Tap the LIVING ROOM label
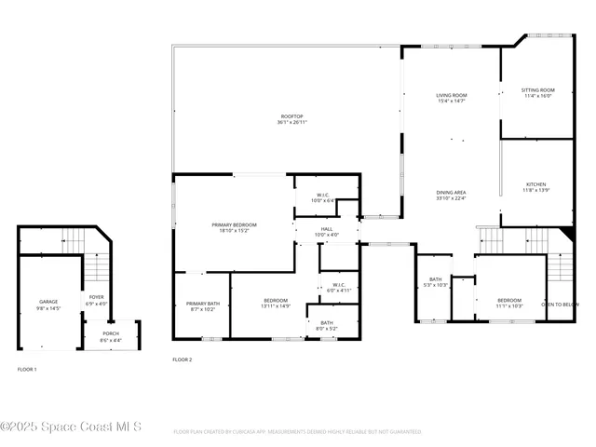(452, 95)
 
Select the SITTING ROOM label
(537, 90)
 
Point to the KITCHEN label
(536, 184)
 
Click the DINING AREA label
(451, 192)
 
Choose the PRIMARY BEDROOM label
(234, 224)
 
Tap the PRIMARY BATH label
(202, 304)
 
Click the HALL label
(327, 228)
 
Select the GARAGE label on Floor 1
(48, 302)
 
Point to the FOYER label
(97, 298)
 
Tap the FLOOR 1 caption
(27, 370)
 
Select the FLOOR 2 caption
(183, 359)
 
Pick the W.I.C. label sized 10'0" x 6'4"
(321, 195)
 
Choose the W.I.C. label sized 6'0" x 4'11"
(339, 285)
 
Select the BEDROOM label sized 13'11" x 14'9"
(275, 301)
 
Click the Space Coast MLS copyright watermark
(71, 427)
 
